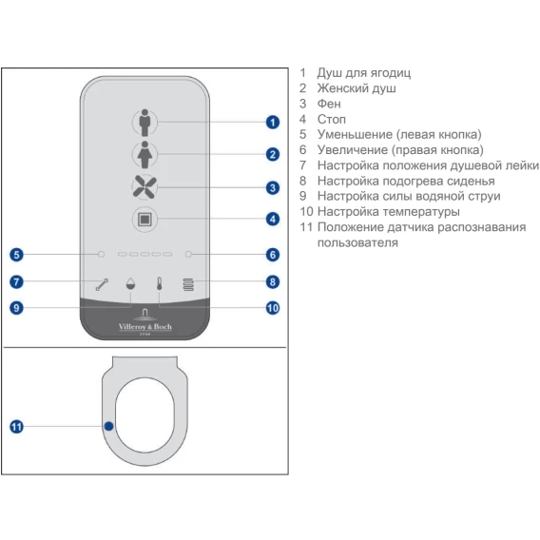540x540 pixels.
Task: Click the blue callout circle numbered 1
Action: coord(273,123)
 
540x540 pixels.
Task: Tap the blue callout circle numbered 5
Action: coord(16,255)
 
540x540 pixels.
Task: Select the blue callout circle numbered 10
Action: coord(273,308)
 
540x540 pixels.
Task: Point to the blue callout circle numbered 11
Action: coord(16,427)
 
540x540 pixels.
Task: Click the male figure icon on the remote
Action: coord(145,123)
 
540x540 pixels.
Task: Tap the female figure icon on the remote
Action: coord(145,155)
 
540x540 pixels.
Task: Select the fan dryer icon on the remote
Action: coord(145,187)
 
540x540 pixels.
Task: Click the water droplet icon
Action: coord(130,283)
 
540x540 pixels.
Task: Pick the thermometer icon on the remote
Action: coord(159,283)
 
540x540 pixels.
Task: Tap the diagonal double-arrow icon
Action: coord(102,284)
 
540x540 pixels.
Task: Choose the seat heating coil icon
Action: coord(188,284)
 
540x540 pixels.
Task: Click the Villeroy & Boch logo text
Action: coord(145,327)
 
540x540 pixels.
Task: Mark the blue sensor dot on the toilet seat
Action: coord(108,426)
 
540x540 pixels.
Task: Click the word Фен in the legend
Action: coord(329,104)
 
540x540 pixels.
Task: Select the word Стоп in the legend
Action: coord(331,119)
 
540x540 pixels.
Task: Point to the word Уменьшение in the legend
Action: coord(355,134)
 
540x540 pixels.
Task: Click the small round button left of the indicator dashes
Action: coord(101,254)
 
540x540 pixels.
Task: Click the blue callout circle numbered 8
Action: coord(273,282)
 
